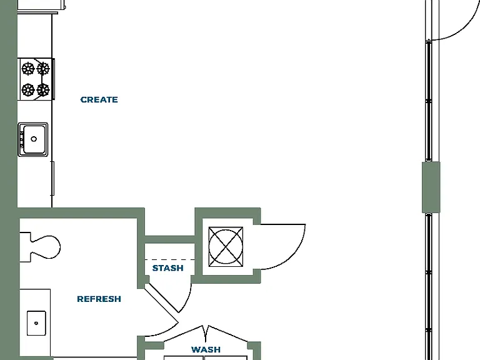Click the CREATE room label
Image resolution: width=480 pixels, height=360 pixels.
(x=99, y=100)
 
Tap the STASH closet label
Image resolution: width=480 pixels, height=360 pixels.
(x=167, y=268)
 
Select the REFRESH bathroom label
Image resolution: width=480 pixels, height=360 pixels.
(x=99, y=299)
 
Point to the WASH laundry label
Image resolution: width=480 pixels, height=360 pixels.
(x=206, y=349)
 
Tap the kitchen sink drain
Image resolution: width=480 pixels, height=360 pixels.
(x=34, y=139)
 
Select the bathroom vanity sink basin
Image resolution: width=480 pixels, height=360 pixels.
(x=36, y=323)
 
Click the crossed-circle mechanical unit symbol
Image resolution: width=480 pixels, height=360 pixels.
(x=226, y=247)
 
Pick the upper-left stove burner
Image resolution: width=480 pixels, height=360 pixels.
(x=28, y=69)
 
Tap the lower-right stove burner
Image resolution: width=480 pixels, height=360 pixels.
(x=43, y=90)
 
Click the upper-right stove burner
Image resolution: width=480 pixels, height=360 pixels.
(x=43, y=69)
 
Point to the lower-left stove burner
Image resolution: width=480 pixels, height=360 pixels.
(x=28, y=90)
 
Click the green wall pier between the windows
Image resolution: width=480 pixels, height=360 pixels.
(x=431, y=187)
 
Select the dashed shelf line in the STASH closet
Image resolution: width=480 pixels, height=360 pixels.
(x=169, y=260)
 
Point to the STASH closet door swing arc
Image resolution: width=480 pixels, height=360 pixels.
(x=187, y=300)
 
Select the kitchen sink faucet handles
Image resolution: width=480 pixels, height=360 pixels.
(x=22, y=139)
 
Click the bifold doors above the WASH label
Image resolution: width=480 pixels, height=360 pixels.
(x=206, y=334)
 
